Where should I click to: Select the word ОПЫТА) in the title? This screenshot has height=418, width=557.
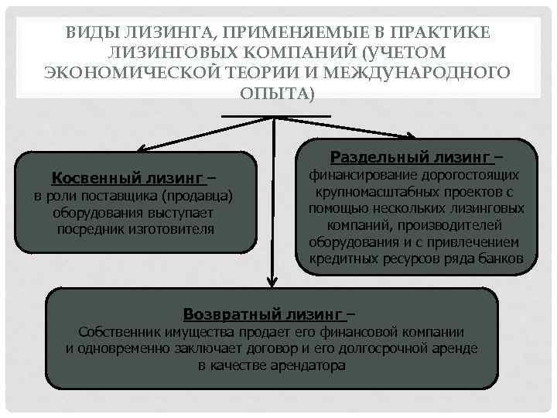pos(278,92)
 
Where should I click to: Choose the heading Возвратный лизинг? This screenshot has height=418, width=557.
pos(263,313)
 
